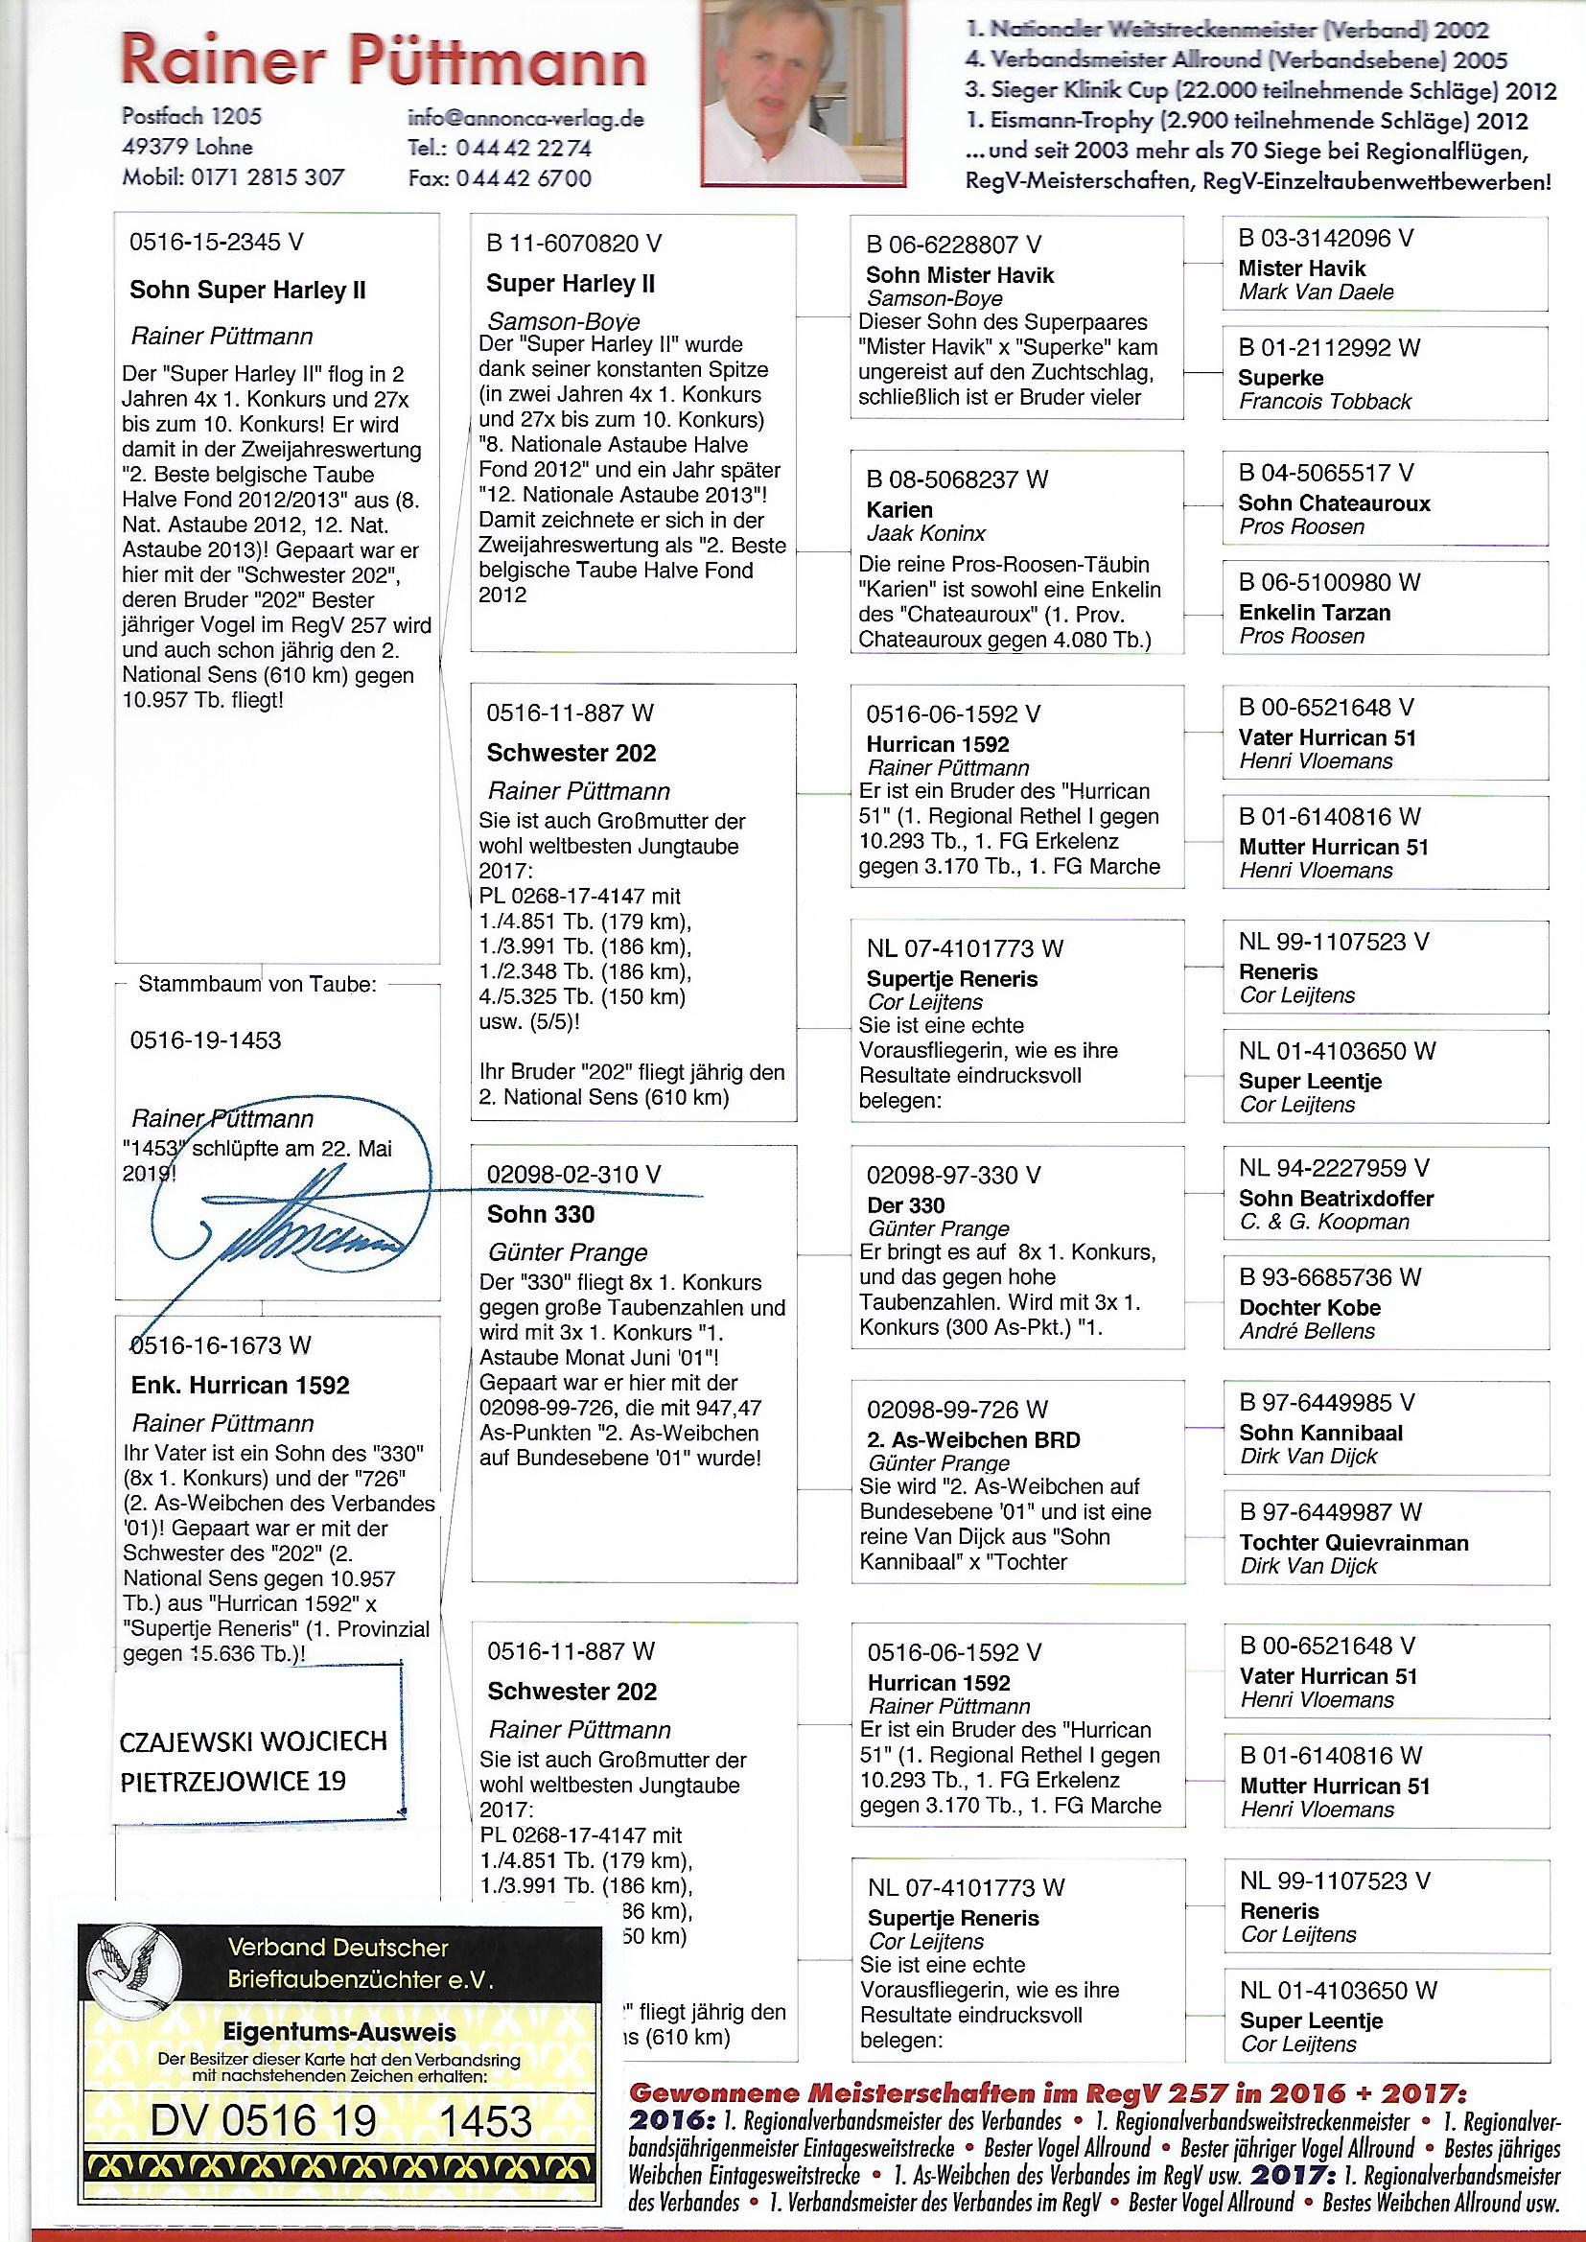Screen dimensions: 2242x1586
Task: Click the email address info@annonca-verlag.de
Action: coord(526,119)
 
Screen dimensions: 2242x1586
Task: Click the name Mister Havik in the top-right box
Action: coord(1302,269)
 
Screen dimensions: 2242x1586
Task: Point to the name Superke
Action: coord(1280,378)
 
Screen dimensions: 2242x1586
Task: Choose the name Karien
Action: coord(898,510)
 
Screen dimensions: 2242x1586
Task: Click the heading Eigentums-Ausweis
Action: coord(338,2033)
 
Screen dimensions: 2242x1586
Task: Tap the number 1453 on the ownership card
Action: coord(485,2121)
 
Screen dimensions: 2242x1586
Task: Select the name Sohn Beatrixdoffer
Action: coord(1336,1198)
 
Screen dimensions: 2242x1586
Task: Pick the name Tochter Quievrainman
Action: coord(1354,1543)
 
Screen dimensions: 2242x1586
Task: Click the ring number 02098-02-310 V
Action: coord(574,1175)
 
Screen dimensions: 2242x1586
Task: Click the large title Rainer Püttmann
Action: coord(383,60)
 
